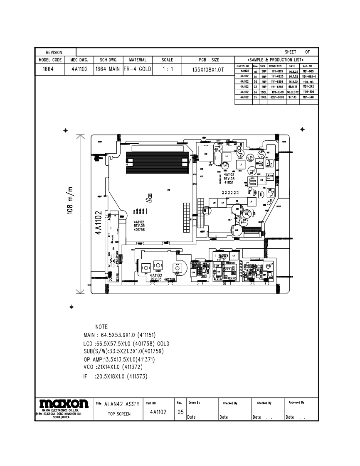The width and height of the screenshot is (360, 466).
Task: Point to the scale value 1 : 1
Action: (167, 69)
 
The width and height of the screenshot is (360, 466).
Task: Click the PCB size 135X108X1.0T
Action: (209, 70)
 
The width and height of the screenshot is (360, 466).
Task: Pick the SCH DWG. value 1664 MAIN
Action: (108, 69)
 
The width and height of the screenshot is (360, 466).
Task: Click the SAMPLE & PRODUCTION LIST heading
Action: (276, 60)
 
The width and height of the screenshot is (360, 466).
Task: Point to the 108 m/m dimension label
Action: (71, 199)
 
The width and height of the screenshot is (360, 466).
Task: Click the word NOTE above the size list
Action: (101, 327)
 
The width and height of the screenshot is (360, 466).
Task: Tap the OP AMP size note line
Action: (119, 359)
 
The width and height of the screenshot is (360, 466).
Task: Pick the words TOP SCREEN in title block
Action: (119, 414)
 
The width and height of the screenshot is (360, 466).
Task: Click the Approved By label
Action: (296, 402)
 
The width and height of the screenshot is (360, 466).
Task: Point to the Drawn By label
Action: (194, 402)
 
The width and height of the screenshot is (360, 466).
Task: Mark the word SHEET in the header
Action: (291, 52)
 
